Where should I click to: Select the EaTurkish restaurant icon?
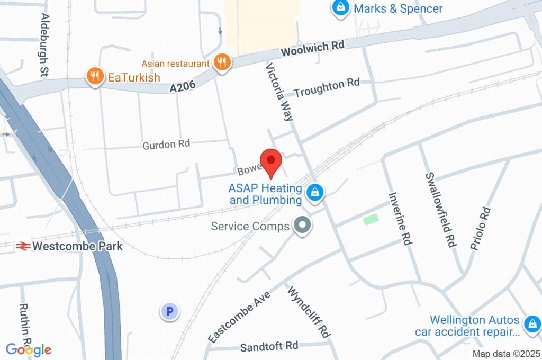[95, 77]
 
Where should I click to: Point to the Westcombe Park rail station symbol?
[22, 246]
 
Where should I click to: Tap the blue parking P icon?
[170, 312]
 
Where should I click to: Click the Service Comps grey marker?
[303, 226]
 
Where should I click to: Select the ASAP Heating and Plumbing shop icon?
[315, 192]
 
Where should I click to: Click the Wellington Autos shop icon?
[531, 324]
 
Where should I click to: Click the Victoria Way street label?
[279, 93]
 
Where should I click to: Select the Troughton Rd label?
[327, 87]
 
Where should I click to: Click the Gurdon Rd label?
[166, 143]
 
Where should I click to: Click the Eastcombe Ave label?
[239, 317]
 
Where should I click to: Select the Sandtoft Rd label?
[269, 347]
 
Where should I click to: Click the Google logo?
[29, 349]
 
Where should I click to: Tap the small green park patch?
[371, 219]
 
